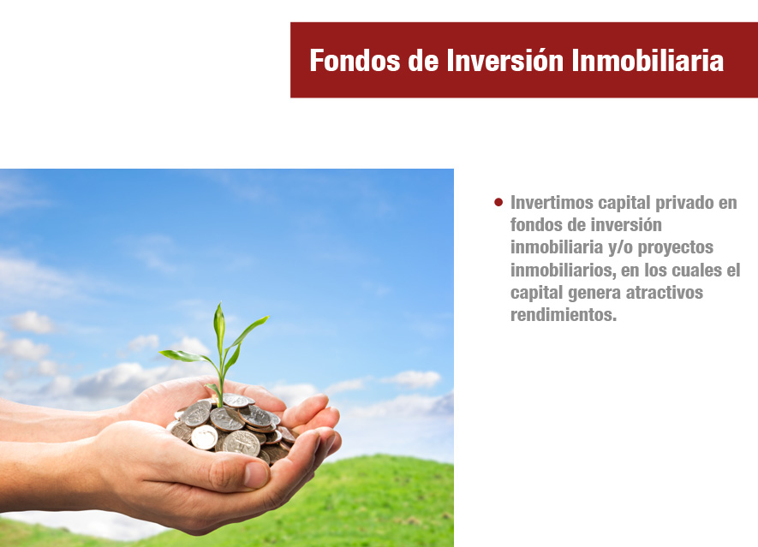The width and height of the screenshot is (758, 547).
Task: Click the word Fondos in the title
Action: (355, 61)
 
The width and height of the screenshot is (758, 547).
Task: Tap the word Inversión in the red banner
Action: (504, 61)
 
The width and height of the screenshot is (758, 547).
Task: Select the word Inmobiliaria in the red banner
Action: (648, 61)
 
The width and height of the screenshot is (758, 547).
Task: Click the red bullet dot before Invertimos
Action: (498, 202)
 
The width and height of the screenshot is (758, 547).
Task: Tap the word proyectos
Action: (675, 248)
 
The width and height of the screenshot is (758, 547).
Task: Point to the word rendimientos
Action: (564, 314)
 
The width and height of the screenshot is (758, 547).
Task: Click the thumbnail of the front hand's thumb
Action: (256, 474)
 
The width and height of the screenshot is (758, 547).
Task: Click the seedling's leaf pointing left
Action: (186, 357)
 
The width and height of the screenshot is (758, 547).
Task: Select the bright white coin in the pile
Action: (204, 437)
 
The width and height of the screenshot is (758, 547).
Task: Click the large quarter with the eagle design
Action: (241, 443)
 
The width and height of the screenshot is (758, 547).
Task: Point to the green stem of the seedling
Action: (222, 382)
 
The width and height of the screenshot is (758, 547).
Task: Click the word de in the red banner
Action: (423, 61)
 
